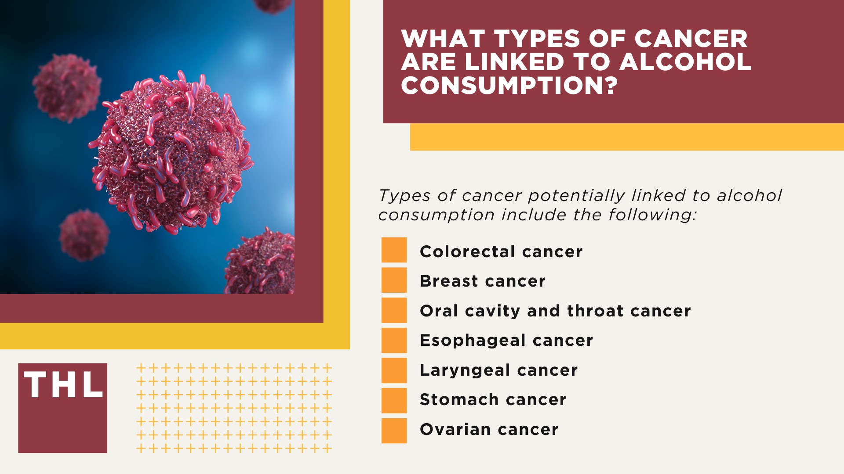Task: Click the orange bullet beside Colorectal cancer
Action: coord(394,250)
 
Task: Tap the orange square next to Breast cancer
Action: coord(394,280)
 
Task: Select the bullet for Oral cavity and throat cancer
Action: coord(394,310)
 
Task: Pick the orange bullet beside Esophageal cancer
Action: coord(394,340)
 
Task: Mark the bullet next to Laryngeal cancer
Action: coord(394,370)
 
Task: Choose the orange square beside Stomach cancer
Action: coord(394,400)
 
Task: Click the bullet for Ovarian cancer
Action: coord(394,431)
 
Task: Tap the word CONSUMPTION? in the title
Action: coord(509,85)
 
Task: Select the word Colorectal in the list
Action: coord(467,251)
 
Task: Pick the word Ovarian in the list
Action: coord(455,429)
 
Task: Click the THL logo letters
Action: coord(63,385)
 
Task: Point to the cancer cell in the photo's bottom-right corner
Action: coord(262,263)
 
